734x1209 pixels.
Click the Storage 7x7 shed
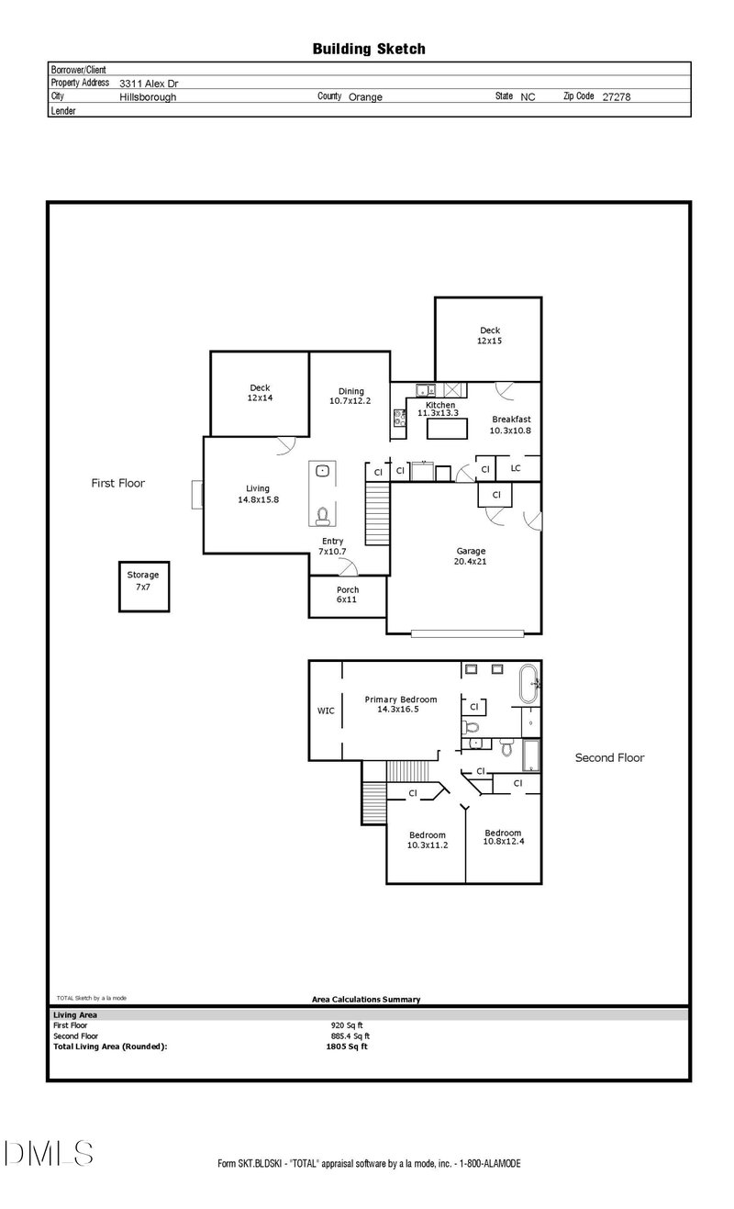coord(144,587)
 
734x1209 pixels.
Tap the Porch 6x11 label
coord(348,595)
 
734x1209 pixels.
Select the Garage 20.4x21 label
coord(471,556)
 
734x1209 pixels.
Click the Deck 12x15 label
coord(490,335)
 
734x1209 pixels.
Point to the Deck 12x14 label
coord(260,392)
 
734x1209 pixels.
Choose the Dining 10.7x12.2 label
coord(350,396)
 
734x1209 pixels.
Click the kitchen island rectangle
coord(447,429)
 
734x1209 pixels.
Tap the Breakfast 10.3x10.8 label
coord(511,425)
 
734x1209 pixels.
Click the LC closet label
coord(516,468)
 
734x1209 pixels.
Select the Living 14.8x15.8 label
coord(259,494)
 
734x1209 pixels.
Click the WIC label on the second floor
coord(326,711)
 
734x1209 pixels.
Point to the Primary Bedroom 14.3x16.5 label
coord(400,704)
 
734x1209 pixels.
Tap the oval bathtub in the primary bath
coord(528,684)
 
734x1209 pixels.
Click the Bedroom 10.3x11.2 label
coord(428,840)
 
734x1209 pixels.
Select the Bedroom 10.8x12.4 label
coord(503,837)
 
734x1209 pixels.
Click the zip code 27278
coord(617,97)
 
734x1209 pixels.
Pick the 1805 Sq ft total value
coord(347,1047)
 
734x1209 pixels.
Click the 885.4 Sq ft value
coord(350,1036)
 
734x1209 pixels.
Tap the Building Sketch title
coord(369,50)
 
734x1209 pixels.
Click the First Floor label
coord(118,483)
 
